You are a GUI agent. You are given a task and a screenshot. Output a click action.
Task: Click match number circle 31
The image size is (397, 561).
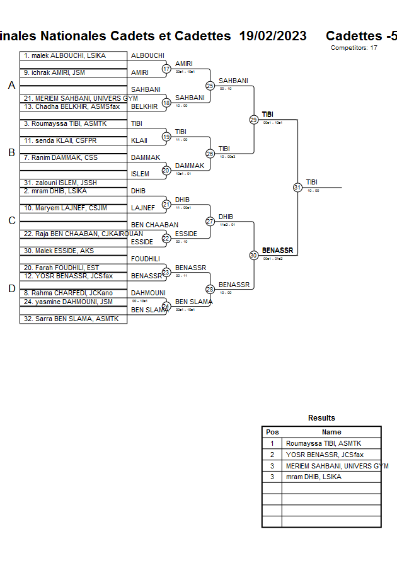(297, 187)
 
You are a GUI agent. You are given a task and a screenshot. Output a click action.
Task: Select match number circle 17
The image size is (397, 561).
(166, 69)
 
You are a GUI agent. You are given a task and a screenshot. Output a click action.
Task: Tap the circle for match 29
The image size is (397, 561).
(254, 120)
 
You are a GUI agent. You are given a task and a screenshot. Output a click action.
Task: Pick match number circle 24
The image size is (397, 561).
(166, 307)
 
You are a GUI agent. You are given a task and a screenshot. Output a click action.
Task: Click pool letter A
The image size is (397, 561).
(11, 86)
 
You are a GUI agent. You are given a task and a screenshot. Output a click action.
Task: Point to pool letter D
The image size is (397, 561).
(11, 288)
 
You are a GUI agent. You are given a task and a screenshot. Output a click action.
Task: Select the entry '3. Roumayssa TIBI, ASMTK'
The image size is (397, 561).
(65, 124)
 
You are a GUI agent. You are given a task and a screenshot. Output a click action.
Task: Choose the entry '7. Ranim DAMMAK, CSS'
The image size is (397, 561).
(60, 157)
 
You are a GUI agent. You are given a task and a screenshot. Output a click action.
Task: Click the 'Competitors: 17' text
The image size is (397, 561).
(354, 47)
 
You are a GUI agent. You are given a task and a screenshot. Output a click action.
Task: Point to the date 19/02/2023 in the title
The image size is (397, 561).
(273, 36)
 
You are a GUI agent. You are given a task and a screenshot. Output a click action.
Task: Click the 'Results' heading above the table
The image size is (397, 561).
(321, 418)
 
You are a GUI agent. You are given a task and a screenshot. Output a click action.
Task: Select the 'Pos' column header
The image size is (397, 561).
(272, 432)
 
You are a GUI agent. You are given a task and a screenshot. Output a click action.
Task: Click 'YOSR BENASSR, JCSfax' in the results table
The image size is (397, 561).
(325, 455)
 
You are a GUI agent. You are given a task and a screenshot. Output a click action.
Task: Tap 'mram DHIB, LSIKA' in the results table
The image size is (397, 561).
(314, 477)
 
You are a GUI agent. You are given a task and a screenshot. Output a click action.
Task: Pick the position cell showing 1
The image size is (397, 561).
(272, 443)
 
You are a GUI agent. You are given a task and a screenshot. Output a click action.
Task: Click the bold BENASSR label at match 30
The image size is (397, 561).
(277, 251)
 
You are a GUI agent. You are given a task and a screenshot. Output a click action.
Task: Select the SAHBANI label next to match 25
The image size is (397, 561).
(233, 81)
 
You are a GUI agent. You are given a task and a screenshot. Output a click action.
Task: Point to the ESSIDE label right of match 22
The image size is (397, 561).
(187, 234)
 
